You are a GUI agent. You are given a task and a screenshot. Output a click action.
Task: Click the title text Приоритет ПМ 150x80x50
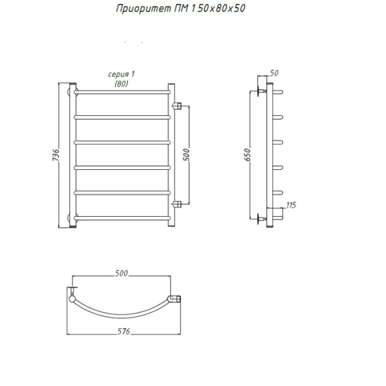[x=181, y=8]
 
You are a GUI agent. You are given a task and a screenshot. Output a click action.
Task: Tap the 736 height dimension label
[x=55, y=155]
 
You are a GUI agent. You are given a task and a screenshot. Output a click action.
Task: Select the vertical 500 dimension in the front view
[x=187, y=155]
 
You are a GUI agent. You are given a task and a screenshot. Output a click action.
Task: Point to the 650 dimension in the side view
[x=248, y=155]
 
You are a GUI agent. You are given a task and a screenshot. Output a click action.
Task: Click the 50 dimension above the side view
[x=274, y=73]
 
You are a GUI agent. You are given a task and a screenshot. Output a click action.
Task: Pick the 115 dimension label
[x=291, y=205]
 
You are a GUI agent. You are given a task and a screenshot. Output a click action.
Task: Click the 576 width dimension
[x=124, y=331]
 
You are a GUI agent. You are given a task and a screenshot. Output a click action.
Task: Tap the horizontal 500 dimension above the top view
[x=122, y=273]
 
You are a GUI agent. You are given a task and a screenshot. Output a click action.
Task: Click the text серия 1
[x=122, y=74]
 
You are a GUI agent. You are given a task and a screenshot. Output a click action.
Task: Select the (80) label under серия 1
[x=122, y=84]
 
